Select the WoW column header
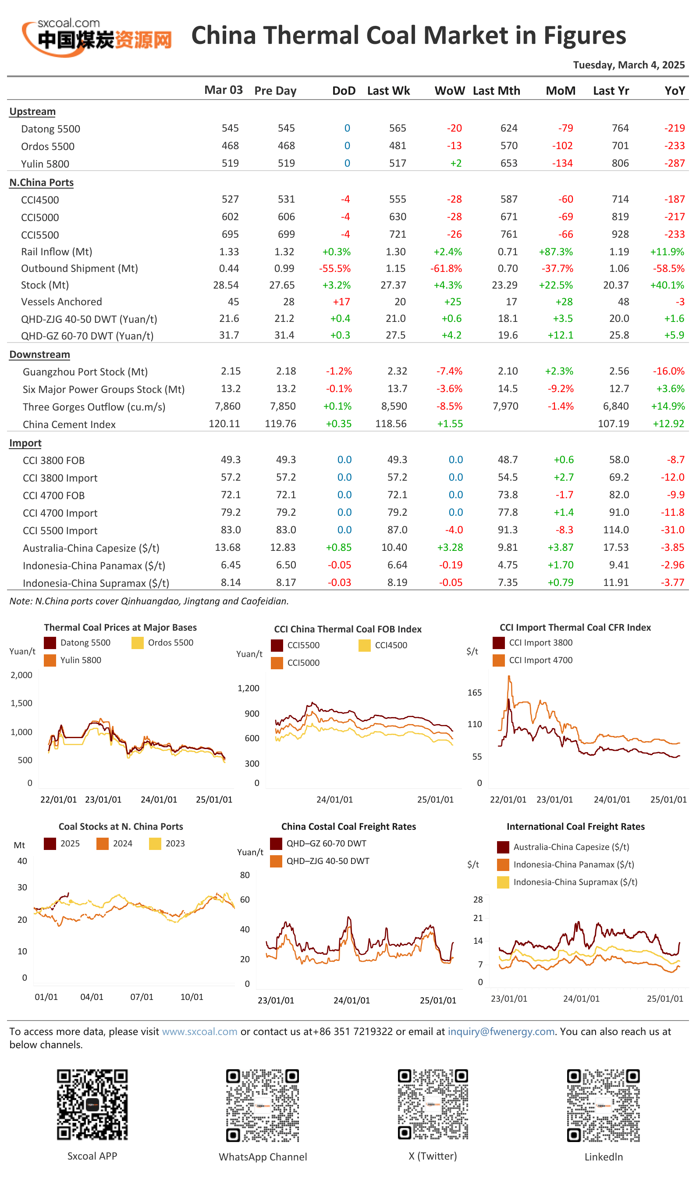click(449, 91)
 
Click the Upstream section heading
click(32, 112)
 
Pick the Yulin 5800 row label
click(45, 164)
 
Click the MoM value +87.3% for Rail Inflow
click(556, 252)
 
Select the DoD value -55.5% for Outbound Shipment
click(334, 268)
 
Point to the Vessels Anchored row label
click(61, 302)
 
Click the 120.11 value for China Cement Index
click(224, 424)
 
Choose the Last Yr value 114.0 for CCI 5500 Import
click(616, 530)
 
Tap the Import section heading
click(25, 443)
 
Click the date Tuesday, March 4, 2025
click(629, 65)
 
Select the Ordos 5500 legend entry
click(162, 643)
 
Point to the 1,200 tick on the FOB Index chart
click(248, 688)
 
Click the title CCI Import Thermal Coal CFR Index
click(575, 628)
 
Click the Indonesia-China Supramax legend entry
click(567, 882)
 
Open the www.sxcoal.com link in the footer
click(199, 1032)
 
